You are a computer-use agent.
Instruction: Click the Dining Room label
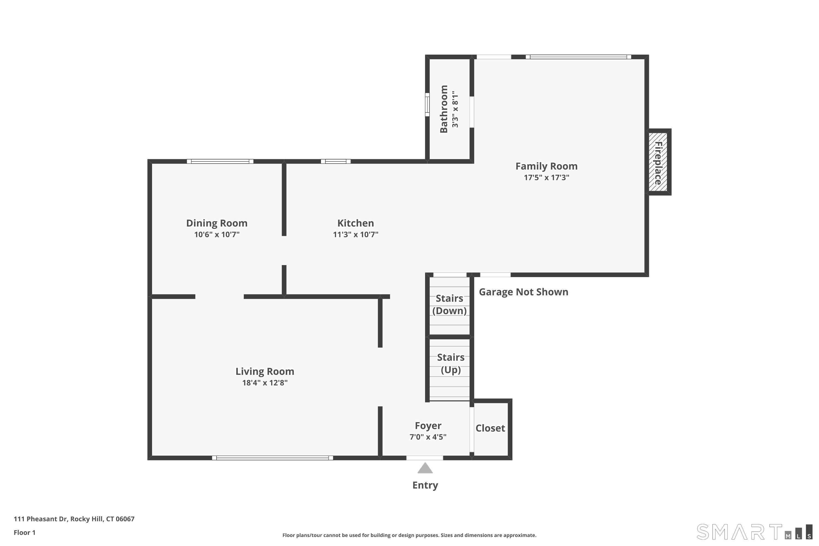pos(216,223)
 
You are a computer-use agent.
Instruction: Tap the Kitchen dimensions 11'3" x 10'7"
pos(355,234)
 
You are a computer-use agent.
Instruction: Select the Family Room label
pos(546,167)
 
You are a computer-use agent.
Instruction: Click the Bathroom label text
pos(444,109)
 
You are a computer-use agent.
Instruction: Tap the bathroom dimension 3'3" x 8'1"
pos(455,109)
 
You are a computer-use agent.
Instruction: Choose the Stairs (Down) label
pos(450,304)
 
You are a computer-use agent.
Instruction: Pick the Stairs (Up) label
pos(451,363)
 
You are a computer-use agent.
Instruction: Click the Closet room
pos(491,429)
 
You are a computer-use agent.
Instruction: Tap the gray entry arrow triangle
pos(425,468)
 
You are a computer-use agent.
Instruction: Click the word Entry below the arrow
pos(425,485)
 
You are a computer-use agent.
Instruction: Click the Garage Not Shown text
pos(523,292)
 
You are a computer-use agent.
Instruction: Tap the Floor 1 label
pos(24,532)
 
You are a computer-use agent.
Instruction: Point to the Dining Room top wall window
pos(220,161)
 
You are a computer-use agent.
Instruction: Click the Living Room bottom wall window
pos(272,458)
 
